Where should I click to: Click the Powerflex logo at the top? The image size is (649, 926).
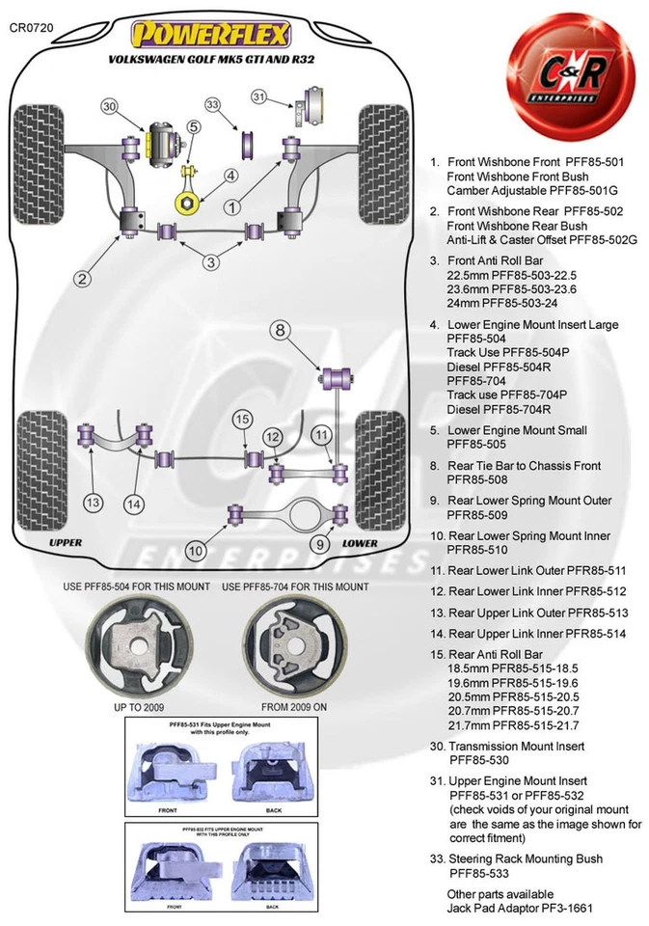click(x=210, y=35)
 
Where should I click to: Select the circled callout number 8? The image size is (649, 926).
click(x=280, y=331)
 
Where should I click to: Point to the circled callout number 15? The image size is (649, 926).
click(x=241, y=419)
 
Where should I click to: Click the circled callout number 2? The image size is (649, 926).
click(x=83, y=280)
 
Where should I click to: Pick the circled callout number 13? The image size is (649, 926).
click(x=93, y=502)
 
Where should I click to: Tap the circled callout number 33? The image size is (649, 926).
click(x=213, y=104)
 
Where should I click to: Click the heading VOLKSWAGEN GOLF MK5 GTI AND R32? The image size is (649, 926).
click(x=210, y=59)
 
